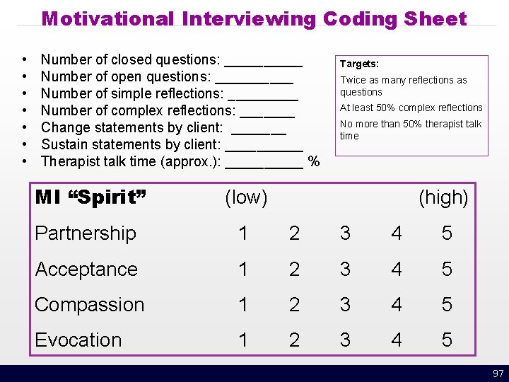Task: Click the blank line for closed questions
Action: tap(267, 64)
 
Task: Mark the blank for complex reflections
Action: tap(267, 115)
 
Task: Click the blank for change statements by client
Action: tap(259, 132)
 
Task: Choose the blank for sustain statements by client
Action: tap(264, 149)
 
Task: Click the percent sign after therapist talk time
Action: tap(314, 162)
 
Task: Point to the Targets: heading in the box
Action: tap(360, 64)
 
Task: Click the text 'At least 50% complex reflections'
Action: tap(411, 108)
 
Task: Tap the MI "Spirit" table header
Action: tap(90, 197)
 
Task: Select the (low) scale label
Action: tap(246, 198)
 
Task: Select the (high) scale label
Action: tap(443, 198)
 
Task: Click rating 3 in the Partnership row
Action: tap(345, 233)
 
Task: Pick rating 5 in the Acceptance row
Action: tap(447, 270)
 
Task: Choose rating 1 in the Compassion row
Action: tap(243, 305)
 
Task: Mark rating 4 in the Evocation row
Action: tap(397, 340)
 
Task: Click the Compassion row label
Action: tap(90, 305)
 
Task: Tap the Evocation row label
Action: tap(78, 340)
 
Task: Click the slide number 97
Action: tap(498, 374)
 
